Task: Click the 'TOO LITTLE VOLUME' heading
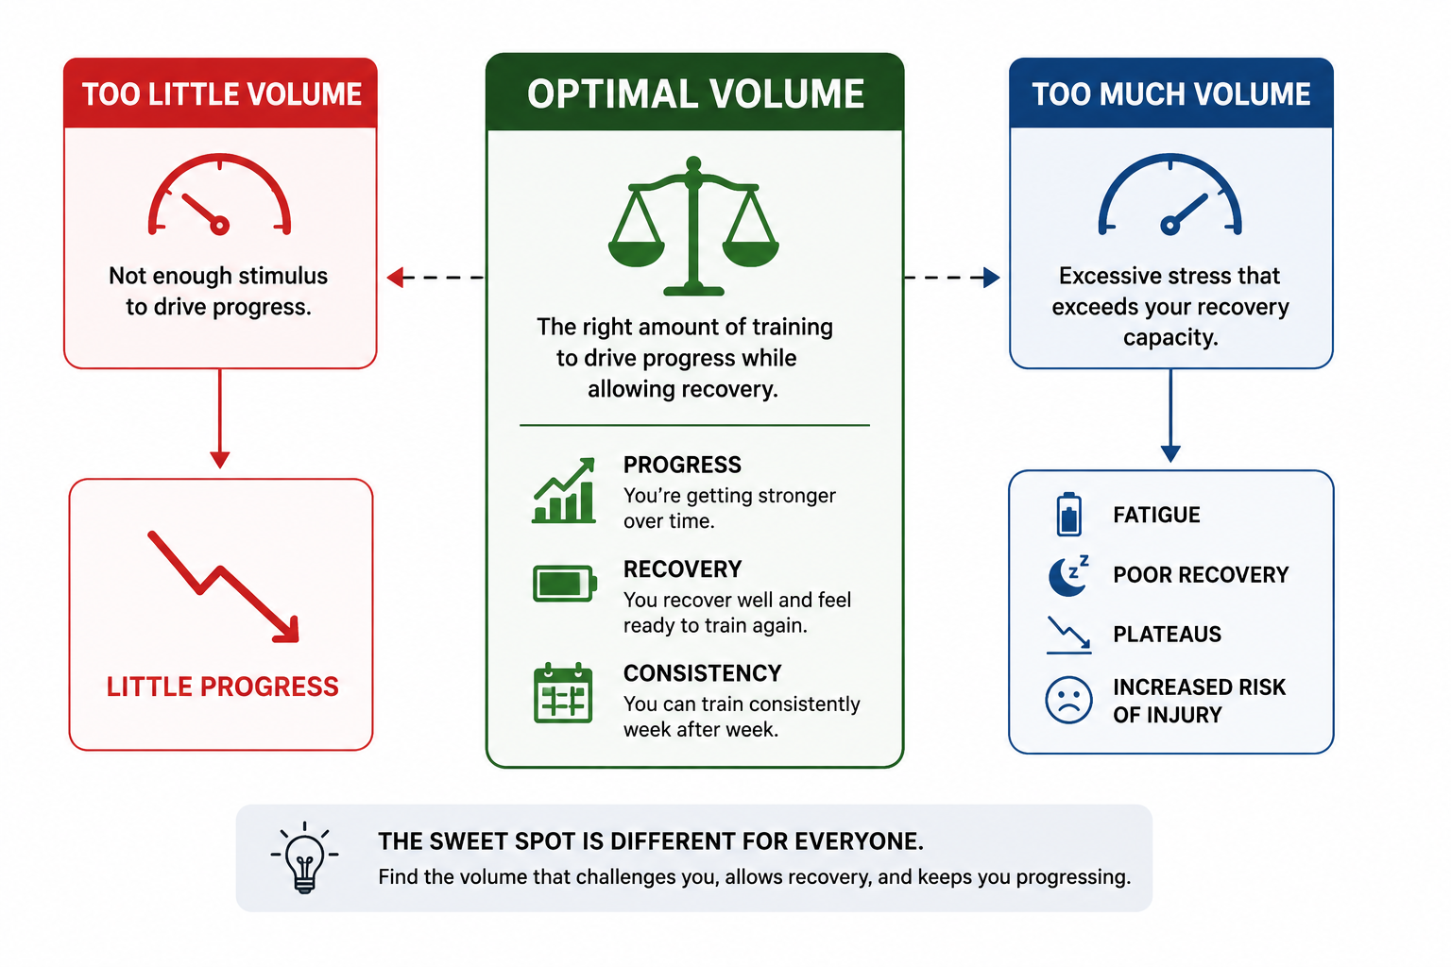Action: coord(222,94)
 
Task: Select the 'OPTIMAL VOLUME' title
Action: coord(695,93)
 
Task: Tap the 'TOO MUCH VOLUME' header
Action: coord(1171,94)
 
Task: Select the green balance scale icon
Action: coord(693,227)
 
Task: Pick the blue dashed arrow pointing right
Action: coord(951,278)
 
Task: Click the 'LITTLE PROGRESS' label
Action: coord(222,687)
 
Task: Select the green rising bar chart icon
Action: coord(564,490)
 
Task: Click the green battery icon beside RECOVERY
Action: coord(564,584)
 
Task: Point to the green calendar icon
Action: coord(563,693)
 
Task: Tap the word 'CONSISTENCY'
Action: coord(702,673)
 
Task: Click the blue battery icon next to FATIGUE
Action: coord(1068,515)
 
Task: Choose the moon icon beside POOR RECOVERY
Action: coord(1068,575)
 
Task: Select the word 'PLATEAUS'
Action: coord(1167,634)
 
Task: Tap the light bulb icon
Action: coord(304,857)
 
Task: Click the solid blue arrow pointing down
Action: coord(1170,416)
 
